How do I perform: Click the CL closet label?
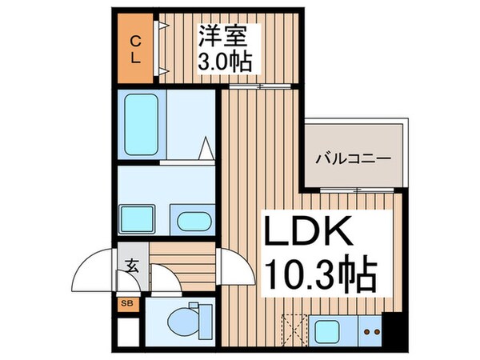(135, 50)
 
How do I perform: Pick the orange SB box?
(126, 303)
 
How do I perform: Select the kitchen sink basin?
(327, 330)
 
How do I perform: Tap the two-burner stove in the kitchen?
(370, 330)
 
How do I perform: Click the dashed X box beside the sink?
(294, 330)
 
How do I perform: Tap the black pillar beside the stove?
(391, 328)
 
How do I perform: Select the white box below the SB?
(126, 327)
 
